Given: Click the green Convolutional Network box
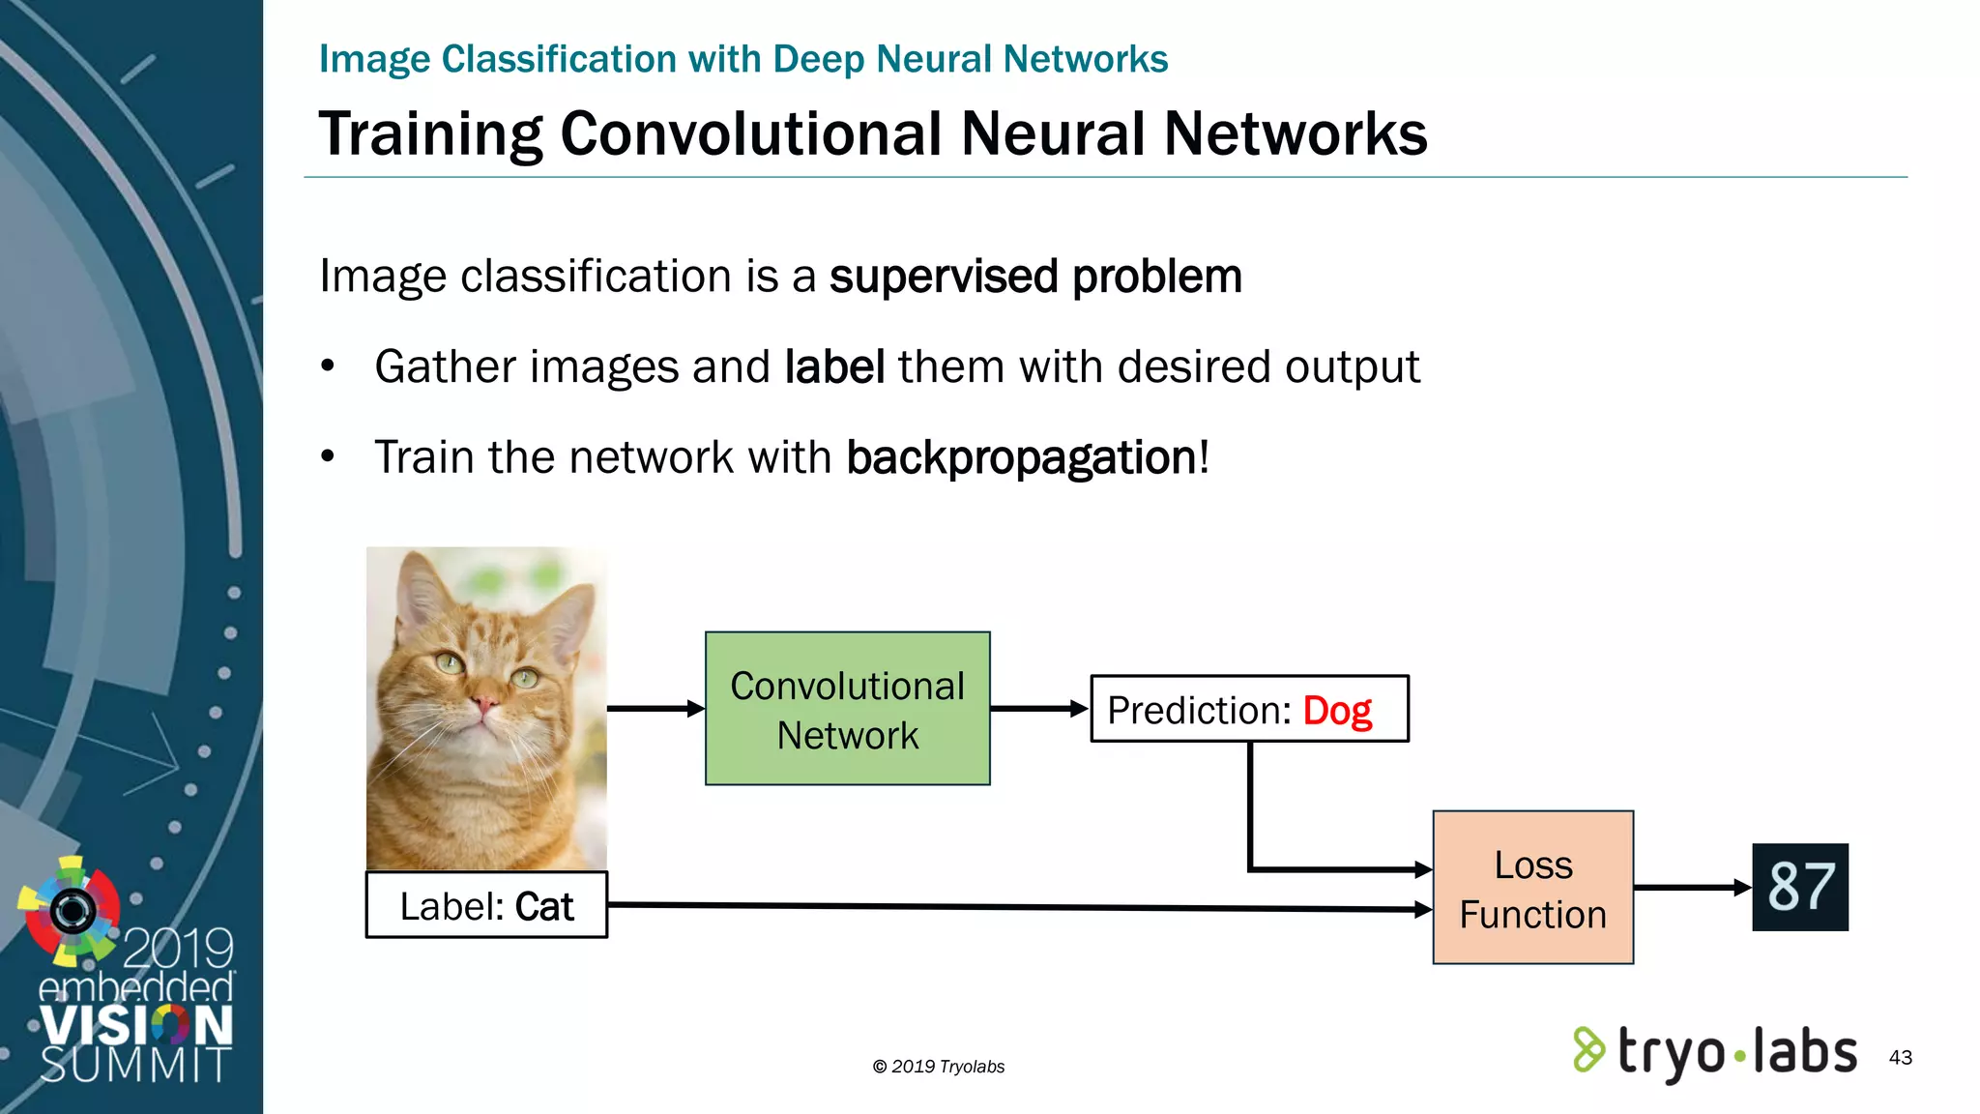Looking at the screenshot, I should coord(847,708).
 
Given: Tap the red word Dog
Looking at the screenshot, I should coord(1336,711).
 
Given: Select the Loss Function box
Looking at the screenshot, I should coord(1532,888).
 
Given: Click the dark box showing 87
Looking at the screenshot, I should coord(1799,887).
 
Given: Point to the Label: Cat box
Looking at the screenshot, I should coord(486,905).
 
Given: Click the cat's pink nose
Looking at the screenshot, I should coord(483,703).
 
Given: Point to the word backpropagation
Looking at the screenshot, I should coord(1021,457).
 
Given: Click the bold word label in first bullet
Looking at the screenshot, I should coord(833,367).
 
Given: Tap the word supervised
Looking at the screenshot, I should coord(944,277).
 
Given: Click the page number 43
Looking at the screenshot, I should coord(1900,1057).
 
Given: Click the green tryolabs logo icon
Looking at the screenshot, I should coord(1587,1049).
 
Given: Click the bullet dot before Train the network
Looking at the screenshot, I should coord(328,455).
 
